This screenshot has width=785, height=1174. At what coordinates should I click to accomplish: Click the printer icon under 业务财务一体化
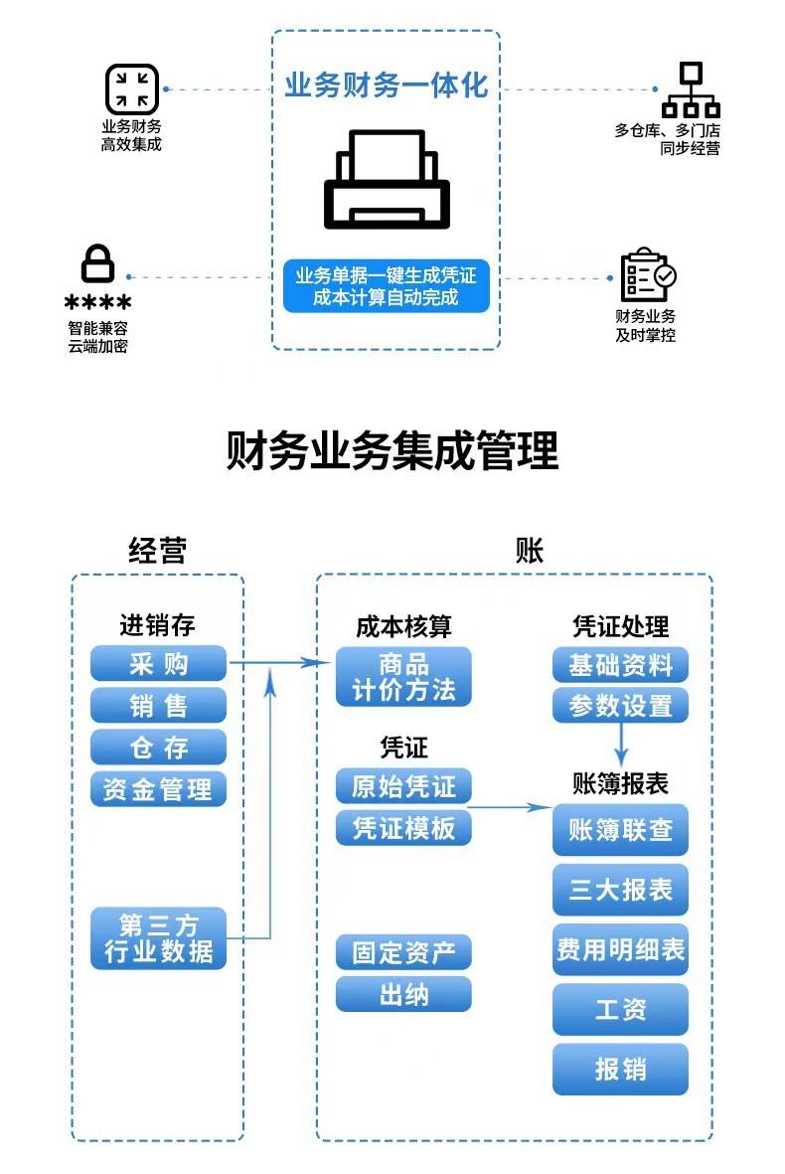pyautogui.click(x=387, y=180)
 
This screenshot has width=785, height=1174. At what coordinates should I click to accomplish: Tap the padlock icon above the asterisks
pyautogui.click(x=97, y=262)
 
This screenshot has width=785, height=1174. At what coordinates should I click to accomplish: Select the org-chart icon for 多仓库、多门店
pyautogui.click(x=691, y=89)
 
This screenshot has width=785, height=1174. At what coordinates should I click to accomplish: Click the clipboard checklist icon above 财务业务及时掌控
pyautogui.click(x=648, y=274)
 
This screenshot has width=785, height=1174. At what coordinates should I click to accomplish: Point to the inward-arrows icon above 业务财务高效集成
pyautogui.click(x=132, y=89)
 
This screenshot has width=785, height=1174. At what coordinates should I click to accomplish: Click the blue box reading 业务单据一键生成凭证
pyautogui.click(x=387, y=286)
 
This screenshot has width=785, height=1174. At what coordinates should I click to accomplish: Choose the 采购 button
pyautogui.click(x=158, y=663)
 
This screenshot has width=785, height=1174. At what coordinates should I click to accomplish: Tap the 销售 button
pyautogui.click(x=158, y=706)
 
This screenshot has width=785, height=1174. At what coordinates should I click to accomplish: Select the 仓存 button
pyautogui.click(x=158, y=748)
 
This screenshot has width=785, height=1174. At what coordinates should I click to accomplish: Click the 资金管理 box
pyautogui.click(x=158, y=789)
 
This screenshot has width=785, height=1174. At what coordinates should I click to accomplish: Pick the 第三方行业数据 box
pyautogui.click(x=158, y=938)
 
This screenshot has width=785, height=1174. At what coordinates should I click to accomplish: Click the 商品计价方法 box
pyautogui.click(x=403, y=677)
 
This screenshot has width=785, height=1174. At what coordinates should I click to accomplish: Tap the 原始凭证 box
pyautogui.click(x=403, y=786)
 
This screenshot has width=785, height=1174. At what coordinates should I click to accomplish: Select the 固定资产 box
pyautogui.click(x=403, y=952)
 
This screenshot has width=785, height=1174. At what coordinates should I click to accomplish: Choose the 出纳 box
pyautogui.click(x=403, y=994)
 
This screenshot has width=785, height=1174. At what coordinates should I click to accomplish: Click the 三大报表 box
pyautogui.click(x=620, y=890)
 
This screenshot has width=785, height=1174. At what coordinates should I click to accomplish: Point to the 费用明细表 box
pyautogui.click(x=620, y=949)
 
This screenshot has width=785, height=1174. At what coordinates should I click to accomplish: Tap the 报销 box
pyautogui.click(x=620, y=1070)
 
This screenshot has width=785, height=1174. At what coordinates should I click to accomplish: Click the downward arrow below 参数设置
pyautogui.click(x=620, y=745)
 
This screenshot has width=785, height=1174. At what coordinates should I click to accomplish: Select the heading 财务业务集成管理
pyautogui.click(x=392, y=450)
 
